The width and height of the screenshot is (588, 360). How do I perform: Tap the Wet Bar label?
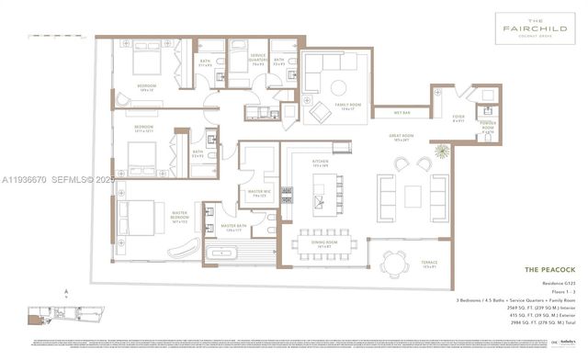pos(402,113)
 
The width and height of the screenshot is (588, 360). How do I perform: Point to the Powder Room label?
pos(487,128)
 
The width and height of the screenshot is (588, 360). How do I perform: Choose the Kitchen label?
pos(321,163)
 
